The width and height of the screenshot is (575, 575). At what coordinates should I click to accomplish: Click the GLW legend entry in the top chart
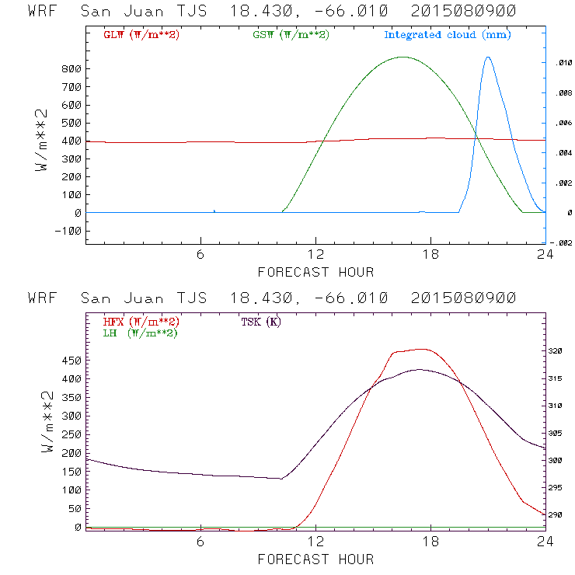click(x=136, y=35)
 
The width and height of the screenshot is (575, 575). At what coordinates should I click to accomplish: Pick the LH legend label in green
click(x=141, y=333)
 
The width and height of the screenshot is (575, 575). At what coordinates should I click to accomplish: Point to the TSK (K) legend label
click(x=260, y=322)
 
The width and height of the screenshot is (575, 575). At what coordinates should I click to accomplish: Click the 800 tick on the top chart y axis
click(x=71, y=69)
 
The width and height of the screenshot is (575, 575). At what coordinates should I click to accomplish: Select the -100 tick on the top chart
click(x=68, y=231)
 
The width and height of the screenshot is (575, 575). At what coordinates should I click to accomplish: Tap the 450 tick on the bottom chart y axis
click(x=71, y=361)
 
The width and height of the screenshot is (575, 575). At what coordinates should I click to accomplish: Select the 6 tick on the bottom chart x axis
click(x=200, y=543)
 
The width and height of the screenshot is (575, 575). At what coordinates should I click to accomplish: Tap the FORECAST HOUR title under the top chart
click(x=315, y=272)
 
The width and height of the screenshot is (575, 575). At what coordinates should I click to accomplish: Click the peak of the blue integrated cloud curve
click(x=488, y=57)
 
